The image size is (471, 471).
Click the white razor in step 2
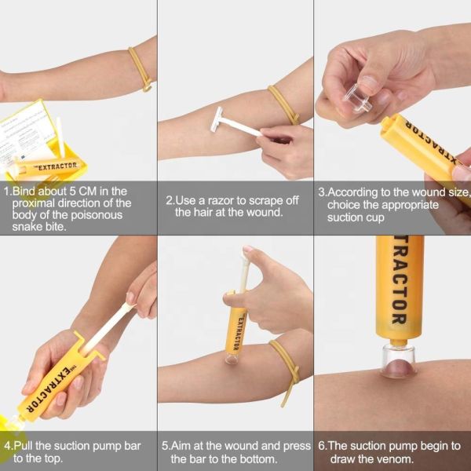(228, 122)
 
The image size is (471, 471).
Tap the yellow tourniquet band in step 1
(141, 68)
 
